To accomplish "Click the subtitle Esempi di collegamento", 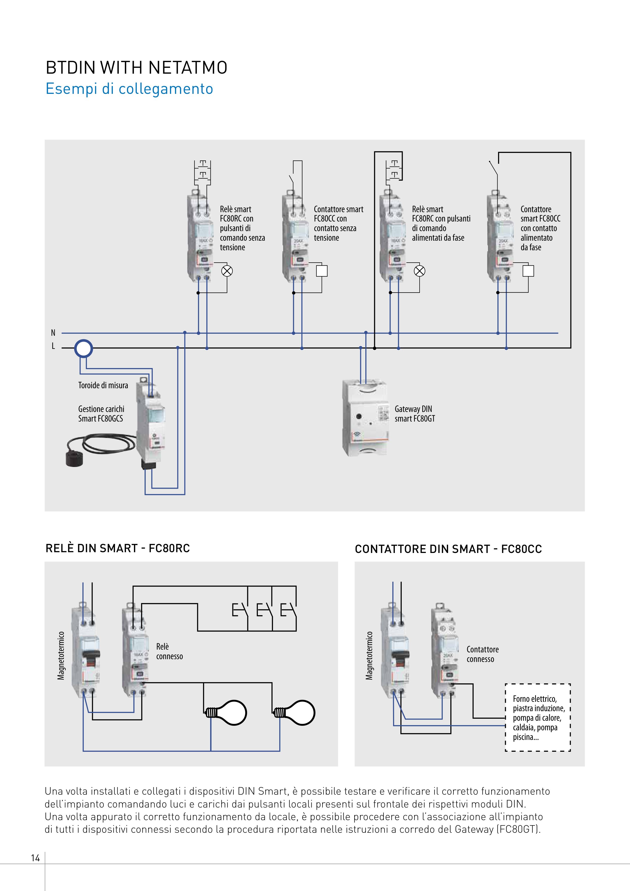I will click(129, 89).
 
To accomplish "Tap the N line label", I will click(53, 332).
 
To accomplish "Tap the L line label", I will click(53, 346).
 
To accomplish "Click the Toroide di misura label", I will click(103, 385).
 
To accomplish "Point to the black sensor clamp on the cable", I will click(74, 458).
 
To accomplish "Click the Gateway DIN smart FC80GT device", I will click(365, 417).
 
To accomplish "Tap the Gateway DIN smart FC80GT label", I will click(415, 414).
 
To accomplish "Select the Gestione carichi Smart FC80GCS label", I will click(101, 414).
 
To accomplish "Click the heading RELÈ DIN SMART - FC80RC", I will click(118, 548).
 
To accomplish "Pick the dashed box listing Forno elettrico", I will click(538, 717).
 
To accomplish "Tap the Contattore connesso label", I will click(482, 654).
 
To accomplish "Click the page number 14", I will click(35, 858).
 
